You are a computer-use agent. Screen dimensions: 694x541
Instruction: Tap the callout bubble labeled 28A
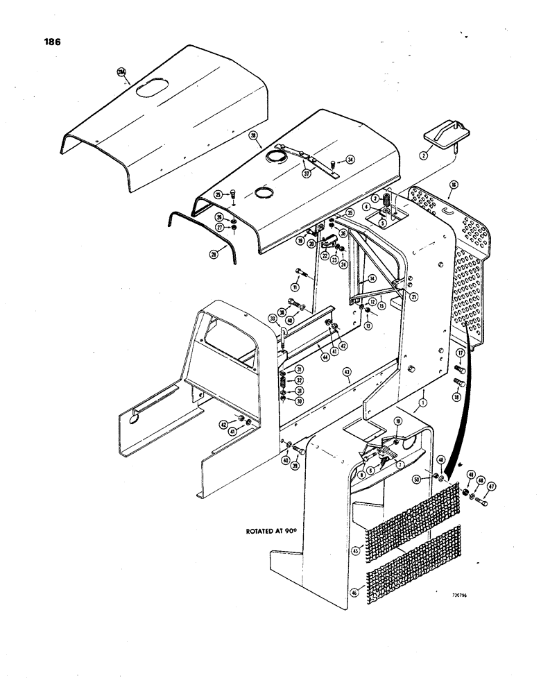121,72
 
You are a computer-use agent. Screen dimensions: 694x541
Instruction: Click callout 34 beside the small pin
350,160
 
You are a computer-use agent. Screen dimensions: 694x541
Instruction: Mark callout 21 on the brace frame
414,297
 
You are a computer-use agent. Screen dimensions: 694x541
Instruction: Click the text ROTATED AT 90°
270,531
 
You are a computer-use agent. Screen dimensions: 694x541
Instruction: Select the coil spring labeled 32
282,380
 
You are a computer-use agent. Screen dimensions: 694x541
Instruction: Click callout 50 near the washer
435,480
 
